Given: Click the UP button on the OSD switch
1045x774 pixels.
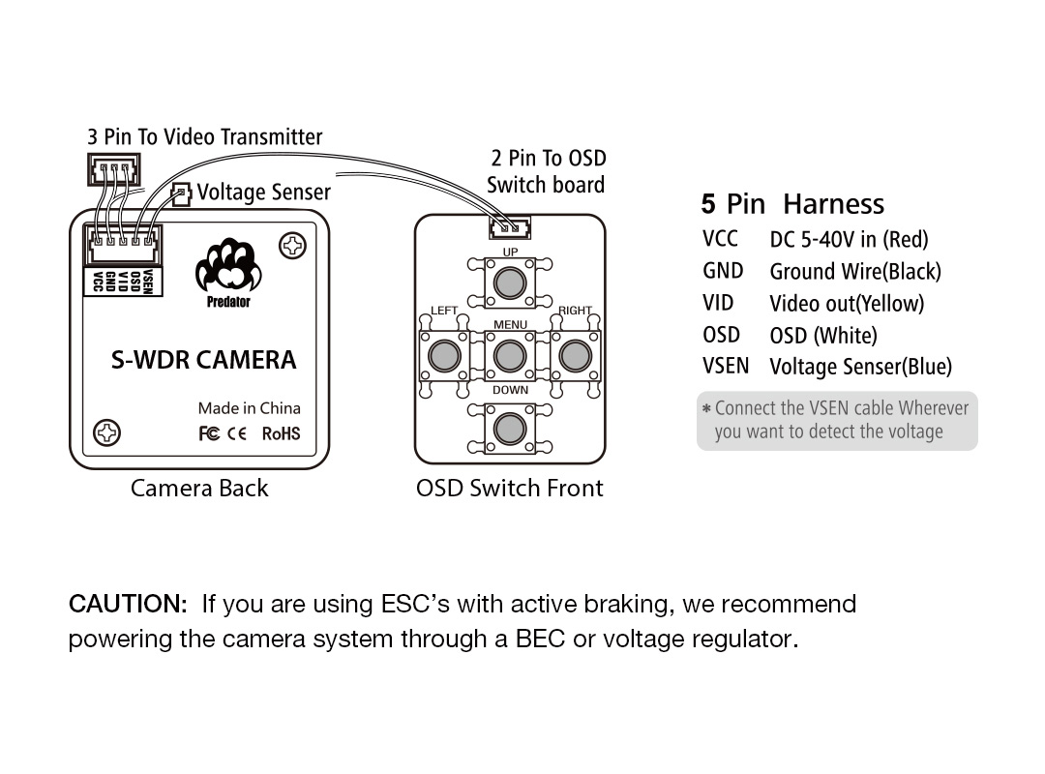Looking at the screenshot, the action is pos(510,283).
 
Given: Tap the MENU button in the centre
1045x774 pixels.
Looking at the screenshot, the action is pos(510,355).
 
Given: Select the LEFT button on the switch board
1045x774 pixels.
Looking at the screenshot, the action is pos(444,355).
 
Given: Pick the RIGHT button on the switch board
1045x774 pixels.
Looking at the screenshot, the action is pos(575,355).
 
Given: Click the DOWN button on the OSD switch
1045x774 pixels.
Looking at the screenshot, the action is pos(510,428).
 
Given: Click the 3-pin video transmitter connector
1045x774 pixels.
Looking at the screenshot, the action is pos(114,169).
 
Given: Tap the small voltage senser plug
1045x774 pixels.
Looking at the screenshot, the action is pos(181,193).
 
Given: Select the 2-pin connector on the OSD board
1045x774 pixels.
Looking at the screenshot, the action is pos(510,228).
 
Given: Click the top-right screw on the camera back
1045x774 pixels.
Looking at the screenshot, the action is pos(292,246).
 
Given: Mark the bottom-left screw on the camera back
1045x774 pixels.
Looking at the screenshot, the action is pos(106,432).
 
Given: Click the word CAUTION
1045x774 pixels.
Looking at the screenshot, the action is pos(128,604).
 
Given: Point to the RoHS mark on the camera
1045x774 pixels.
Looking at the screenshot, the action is pos(281,434).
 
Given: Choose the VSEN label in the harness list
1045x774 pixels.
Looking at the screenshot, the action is pos(726,366).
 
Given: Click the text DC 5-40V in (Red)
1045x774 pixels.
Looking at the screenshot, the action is pos(850,239).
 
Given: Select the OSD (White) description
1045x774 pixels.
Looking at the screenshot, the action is pos(823,336).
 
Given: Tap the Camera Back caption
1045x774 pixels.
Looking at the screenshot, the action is pos(199,489).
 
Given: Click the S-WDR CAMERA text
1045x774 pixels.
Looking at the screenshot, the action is pos(203,360).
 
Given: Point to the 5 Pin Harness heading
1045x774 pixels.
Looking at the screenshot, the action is pos(792,204).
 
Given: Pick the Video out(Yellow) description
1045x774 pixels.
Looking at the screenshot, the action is pos(847,304).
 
